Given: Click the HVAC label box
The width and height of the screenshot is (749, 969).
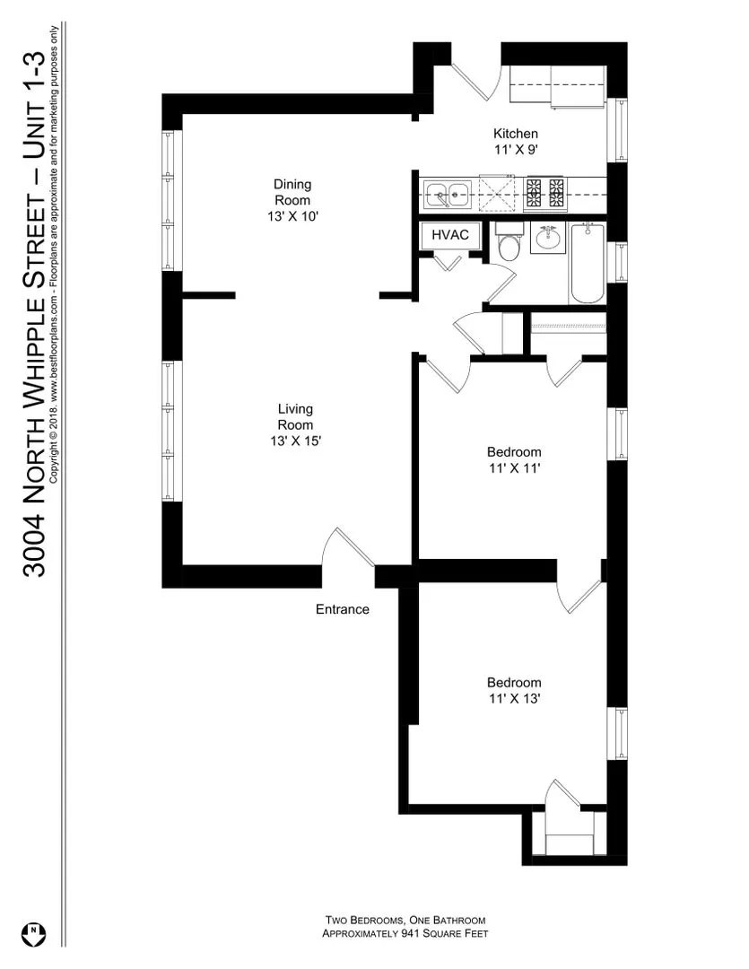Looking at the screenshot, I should (445, 235).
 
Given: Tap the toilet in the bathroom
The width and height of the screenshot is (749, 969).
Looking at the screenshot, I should (509, 245).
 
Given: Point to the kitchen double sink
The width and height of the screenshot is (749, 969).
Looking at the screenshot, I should (448, 192).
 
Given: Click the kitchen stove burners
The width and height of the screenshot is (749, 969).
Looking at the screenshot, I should (544, 190).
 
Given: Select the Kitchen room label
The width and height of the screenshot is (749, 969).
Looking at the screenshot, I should (515, 134).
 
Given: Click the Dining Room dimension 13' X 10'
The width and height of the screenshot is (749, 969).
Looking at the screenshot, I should (292, 216).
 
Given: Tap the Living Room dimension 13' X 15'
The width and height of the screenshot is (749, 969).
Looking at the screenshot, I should (294, 441).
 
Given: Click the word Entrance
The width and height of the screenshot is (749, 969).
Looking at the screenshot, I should (342, 609).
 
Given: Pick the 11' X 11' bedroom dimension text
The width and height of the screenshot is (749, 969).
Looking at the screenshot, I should (514, 467).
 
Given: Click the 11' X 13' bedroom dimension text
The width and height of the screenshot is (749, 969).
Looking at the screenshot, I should (514, 698).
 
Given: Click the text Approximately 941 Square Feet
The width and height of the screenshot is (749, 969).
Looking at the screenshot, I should (405, 934).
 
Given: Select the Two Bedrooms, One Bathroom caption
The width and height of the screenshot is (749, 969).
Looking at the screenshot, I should (405, 921).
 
